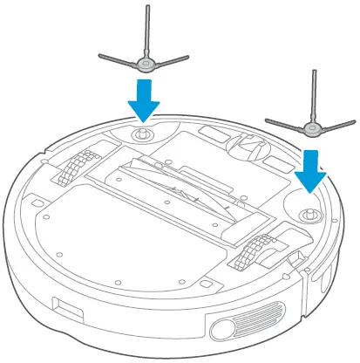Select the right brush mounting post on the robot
(305, 212)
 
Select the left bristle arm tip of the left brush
(103, 57)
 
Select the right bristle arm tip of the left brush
(185, 59)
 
